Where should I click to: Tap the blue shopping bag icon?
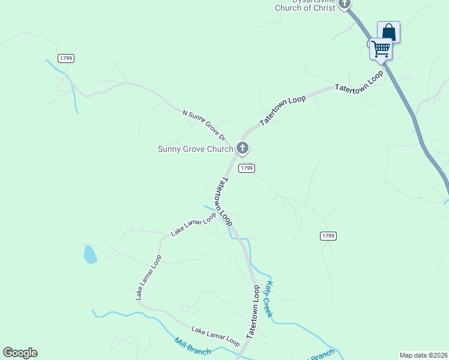point(388,31)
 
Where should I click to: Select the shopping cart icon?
point(381,48)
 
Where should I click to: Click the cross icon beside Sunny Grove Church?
point(243,147)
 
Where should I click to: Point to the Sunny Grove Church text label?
point(195,149)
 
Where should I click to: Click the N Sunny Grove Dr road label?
point(203,124)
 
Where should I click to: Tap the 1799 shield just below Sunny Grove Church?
point(246,168)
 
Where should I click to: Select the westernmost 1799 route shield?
point(66,58)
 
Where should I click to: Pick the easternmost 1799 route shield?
point(327,236)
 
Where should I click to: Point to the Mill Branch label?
point(193,347)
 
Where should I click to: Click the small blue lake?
point(89,254)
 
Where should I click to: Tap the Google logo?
point(20,353)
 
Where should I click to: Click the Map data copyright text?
point(423,355)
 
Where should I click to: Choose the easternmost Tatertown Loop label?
point(359,82)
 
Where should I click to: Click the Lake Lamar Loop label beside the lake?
point(148,277)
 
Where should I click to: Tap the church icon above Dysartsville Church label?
point(345,4)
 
